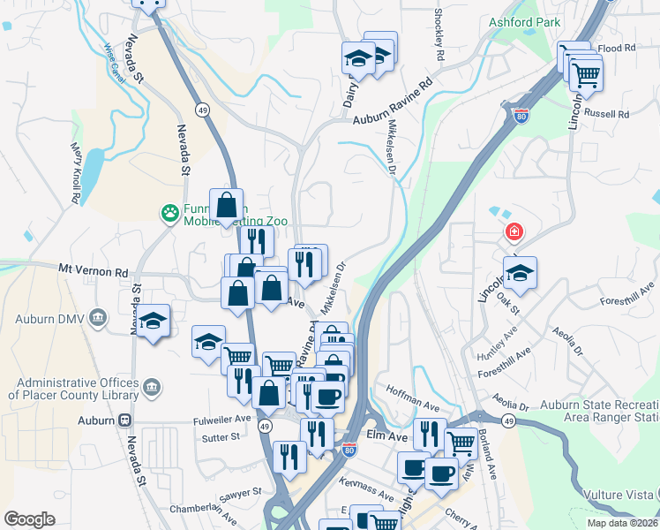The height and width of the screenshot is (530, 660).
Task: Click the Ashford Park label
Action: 526,20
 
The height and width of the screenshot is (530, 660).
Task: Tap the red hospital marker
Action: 513,233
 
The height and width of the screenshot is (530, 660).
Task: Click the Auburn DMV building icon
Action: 98,317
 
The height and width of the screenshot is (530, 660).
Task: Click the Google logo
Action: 29,519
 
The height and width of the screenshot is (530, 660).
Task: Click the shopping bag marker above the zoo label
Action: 227,205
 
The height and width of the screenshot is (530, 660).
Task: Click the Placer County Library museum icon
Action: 152,387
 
